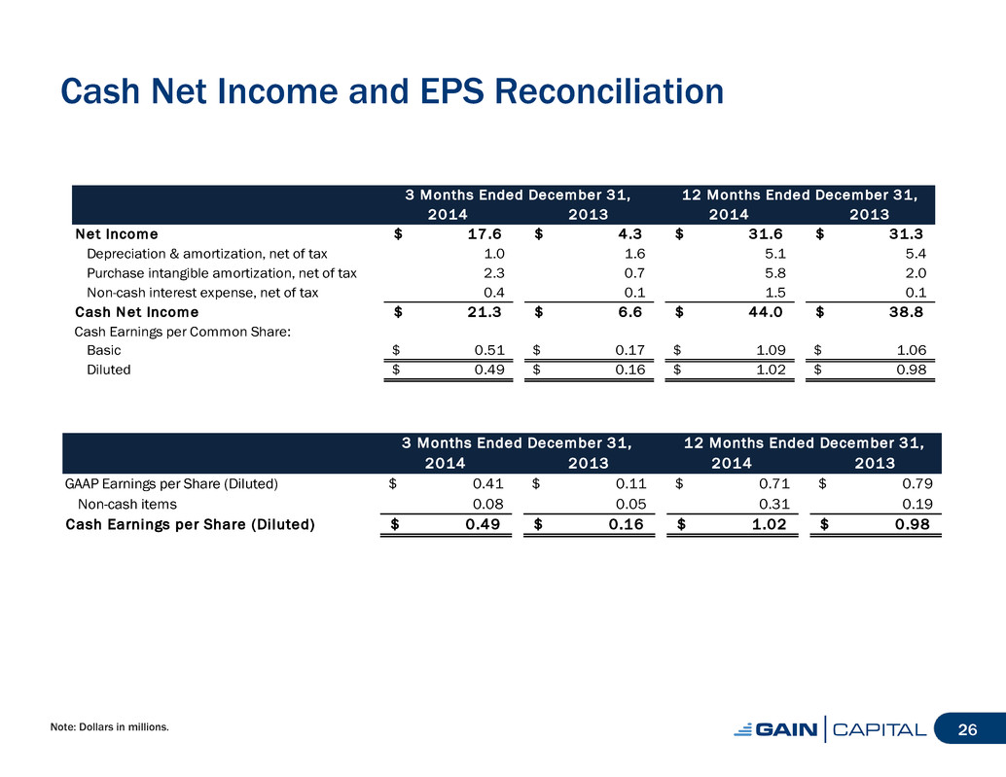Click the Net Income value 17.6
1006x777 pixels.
click(485, 234)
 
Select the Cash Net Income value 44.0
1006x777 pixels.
click(766, 312)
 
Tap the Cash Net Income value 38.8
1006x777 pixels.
click(906, 312)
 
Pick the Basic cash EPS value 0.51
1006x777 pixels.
click(489, 350)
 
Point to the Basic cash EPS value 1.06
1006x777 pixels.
click(911, 350)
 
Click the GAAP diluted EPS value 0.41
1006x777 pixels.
click(487, 483)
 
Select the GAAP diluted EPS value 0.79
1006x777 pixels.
click(917, 483)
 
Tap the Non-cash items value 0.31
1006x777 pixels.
click(774, 504)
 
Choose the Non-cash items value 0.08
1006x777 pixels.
click(487, 504)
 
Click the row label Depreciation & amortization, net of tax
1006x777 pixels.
click(206, 254)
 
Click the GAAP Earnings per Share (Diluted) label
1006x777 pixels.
click(171, 484)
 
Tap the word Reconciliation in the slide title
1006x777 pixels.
click(609, 91)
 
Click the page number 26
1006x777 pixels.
click(967, 729)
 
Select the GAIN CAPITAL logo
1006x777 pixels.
click(830, 729)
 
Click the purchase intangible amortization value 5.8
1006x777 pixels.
click(775, 273)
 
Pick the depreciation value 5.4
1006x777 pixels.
click(916, 254)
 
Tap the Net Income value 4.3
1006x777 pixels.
click(630, 234)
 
